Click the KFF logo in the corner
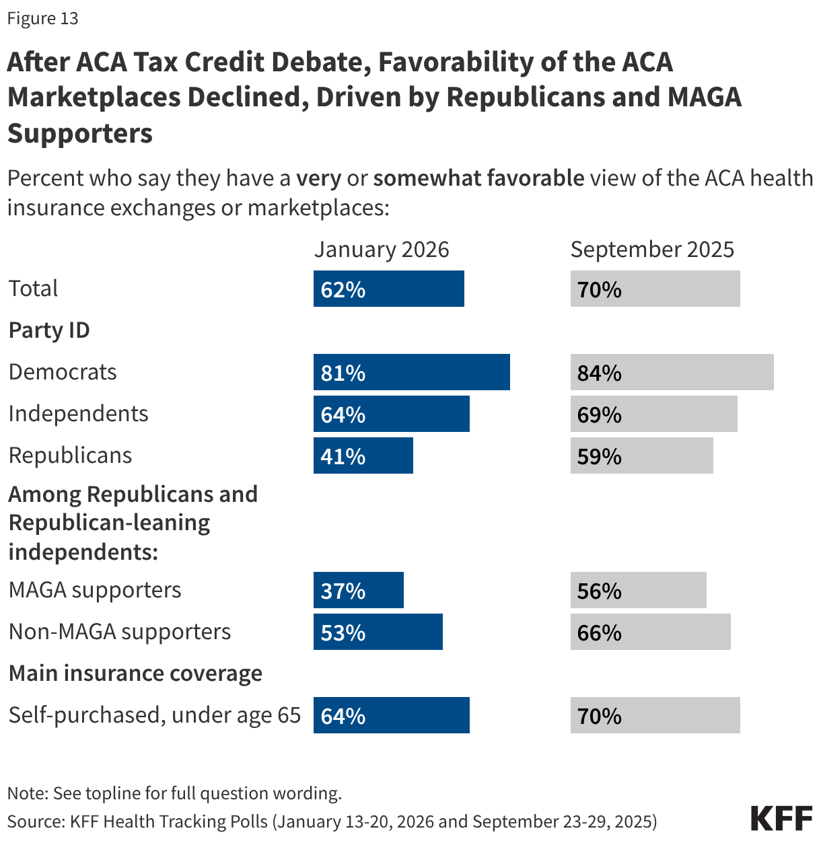pyautogui.click(x=781, y=818)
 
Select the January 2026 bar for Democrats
pyautogui.click(x=411, y=372)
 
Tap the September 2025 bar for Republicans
pyautogui.click(x=641, y=455)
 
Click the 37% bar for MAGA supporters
pyautogui.click(x=358, y=590)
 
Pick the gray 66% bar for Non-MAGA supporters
pyautogui.click(x=650, y=632)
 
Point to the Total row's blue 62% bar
pyautogui.click(x=388, y=289)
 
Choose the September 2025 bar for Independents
pyautogui.click(x=653, y=414)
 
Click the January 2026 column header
pyautogui.click(x=381, y=250)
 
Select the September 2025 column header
pyautogui.click(x=651, y=250)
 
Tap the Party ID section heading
pyautogui.click(x=49, y=330)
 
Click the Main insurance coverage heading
pyautogui.click(x=135, y=673)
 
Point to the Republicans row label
pyautogui.click(x=70, y=455)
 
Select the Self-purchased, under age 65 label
pyautogui.click(x=154, y=715)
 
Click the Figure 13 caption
pyautogui.click(x=42, y=18)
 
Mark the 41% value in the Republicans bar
pyautogui.click(x=343, y=456)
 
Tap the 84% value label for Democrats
pyautogui.click(x=599, y=373)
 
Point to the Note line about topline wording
pyautogui.click(x=174, y=793)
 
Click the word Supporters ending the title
pyautogui.click(x=80, y=133)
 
